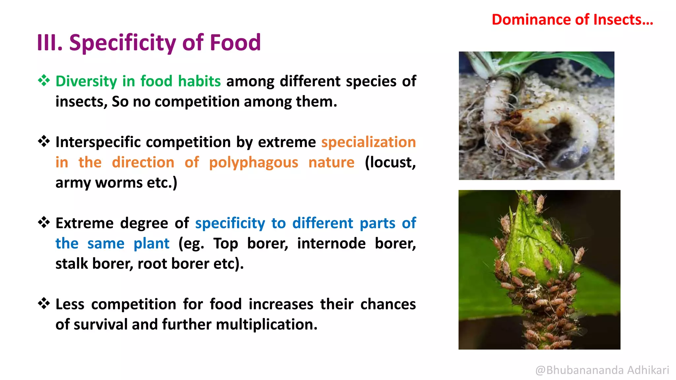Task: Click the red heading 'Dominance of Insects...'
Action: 572,20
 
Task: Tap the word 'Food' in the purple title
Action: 235,43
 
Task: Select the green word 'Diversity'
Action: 86,81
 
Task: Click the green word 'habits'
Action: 199,81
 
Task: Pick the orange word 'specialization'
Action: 368,142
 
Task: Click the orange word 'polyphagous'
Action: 253,163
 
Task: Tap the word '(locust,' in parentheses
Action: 390,163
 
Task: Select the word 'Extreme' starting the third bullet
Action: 84,223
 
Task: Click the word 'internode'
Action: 331,244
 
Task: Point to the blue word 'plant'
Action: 152,244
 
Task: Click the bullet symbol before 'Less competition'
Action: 44,303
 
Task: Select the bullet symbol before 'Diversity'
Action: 44,80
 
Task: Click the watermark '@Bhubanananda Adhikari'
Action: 602,370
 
